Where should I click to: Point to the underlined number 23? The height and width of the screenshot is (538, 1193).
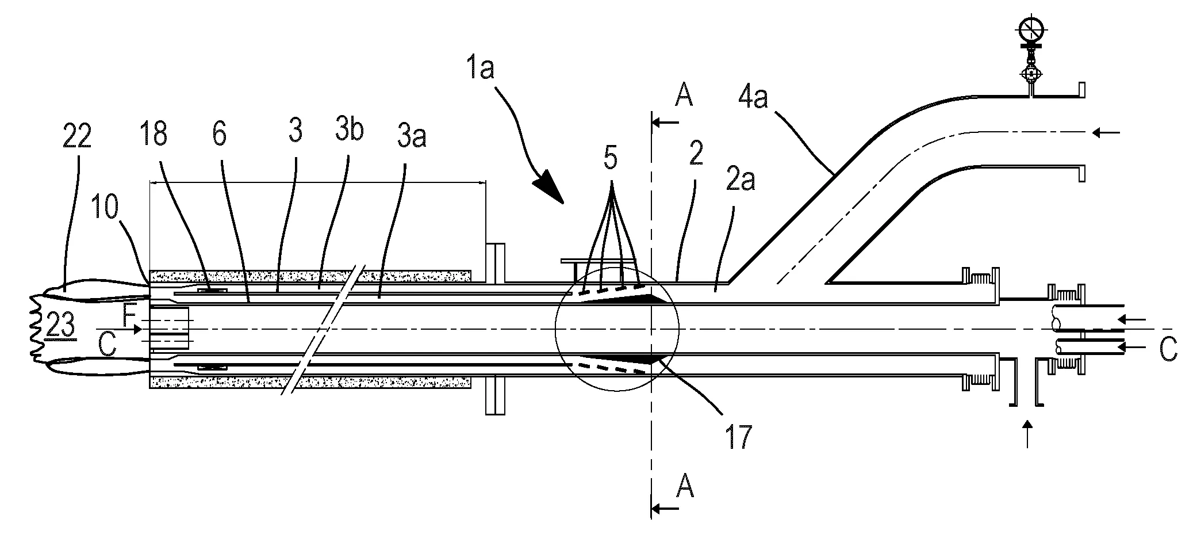tap(60, 327)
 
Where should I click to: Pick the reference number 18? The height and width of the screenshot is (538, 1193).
tap(155, 134)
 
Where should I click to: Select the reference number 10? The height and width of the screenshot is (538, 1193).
tap(104, 207)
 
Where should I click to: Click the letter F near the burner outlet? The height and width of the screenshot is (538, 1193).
tap(129, 314)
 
